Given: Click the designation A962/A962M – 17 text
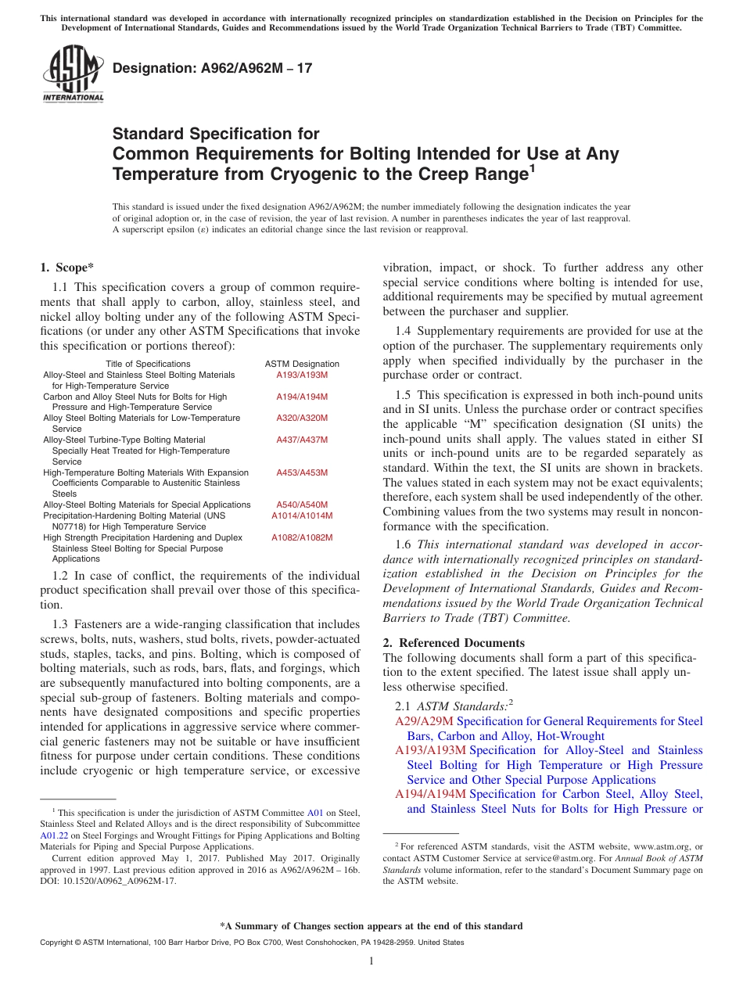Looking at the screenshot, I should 213,68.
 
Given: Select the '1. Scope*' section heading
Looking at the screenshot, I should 66,268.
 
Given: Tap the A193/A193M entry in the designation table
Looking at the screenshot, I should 302,375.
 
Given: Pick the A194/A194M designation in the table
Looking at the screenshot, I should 302,397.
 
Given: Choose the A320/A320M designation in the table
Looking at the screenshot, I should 302,418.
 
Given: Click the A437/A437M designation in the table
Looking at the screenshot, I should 302,440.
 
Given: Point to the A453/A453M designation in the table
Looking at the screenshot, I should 302,472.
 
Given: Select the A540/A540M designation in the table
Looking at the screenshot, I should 302,505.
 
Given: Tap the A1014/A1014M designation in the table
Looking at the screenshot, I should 302,515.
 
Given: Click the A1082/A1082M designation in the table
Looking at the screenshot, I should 302,537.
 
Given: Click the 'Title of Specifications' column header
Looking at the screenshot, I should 148,364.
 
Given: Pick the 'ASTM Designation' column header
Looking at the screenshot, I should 302,364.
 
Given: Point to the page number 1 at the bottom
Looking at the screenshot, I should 371,961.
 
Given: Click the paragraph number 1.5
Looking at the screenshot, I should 403,396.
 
